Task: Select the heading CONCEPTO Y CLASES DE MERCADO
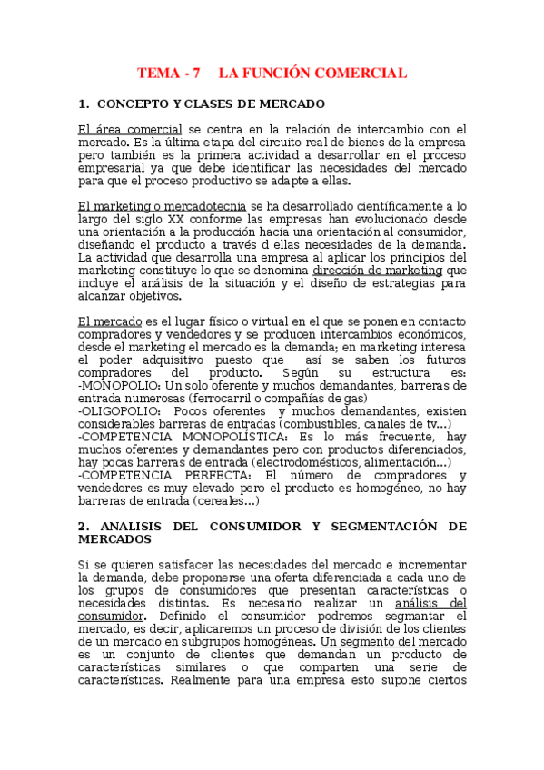point(211,104)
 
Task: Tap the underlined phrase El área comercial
point(130,130)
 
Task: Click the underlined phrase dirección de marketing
point(377,271)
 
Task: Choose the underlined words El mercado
point(110,321)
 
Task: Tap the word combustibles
point(322,423)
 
